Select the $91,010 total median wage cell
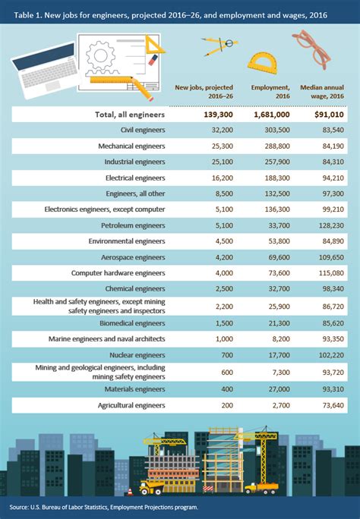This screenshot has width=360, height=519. point(325,115)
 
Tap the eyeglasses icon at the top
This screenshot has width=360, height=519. point(315,47)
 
